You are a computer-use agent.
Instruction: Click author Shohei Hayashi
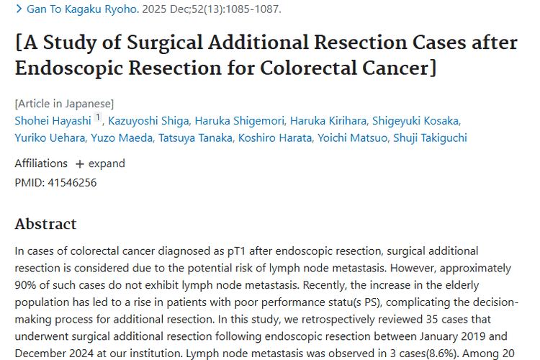(x=53, y=120)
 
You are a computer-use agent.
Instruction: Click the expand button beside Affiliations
(x=100, y=163)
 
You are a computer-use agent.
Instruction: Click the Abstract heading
(x=45, y=224)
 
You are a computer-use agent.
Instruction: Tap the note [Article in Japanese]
(x=64, y=103)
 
